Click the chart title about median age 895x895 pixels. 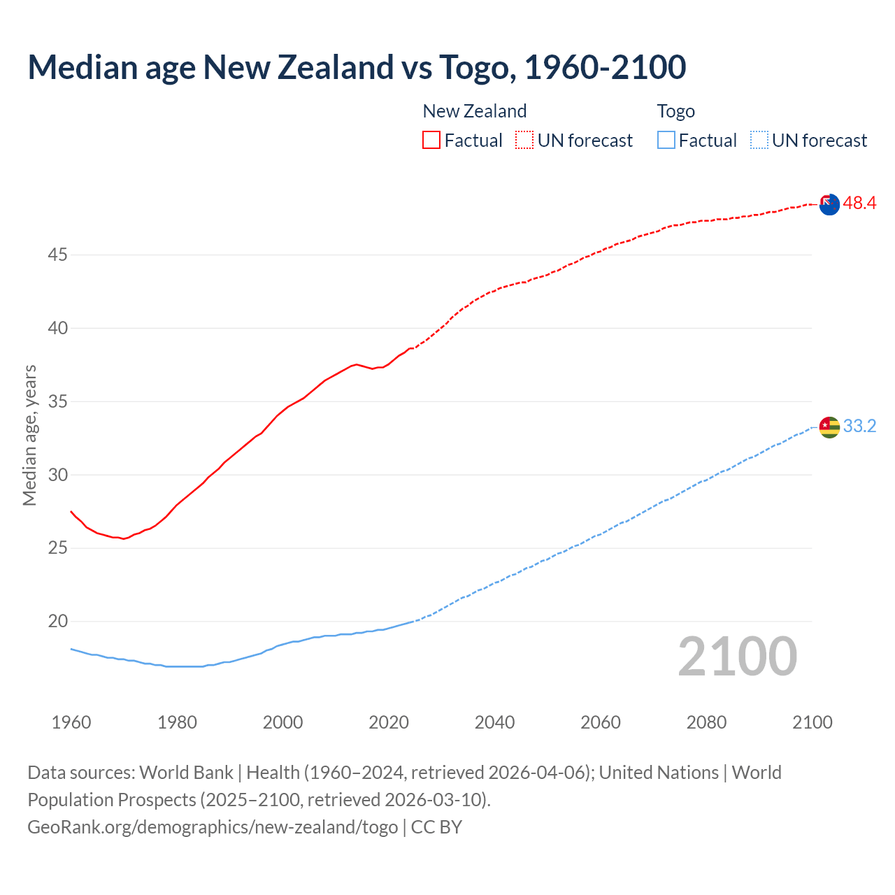(357, 67)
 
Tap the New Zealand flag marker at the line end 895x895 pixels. (829, 204)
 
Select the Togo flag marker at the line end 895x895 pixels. (829, 427)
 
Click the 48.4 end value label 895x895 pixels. (859, 203)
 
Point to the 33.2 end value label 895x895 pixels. (859, 427)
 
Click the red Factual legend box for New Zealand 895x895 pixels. (431, 141)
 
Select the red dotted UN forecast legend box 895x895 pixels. (524, 141)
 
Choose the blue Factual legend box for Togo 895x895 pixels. (666, 141)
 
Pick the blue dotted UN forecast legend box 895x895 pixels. (759, 141)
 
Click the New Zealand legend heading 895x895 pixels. (474, 111)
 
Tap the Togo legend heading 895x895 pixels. (675, 111)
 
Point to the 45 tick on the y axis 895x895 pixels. (57, 255)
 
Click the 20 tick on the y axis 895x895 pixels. (57, 622)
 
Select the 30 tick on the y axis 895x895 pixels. (57, 475)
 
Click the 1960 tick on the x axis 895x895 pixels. (71, 722)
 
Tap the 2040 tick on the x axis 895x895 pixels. (494, 722)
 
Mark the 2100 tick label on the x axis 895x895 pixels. (812, 722)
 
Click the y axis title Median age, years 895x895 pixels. (29, 435)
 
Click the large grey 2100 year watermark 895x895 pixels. (738, 657)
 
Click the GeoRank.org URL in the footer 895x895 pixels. (213, 827)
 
